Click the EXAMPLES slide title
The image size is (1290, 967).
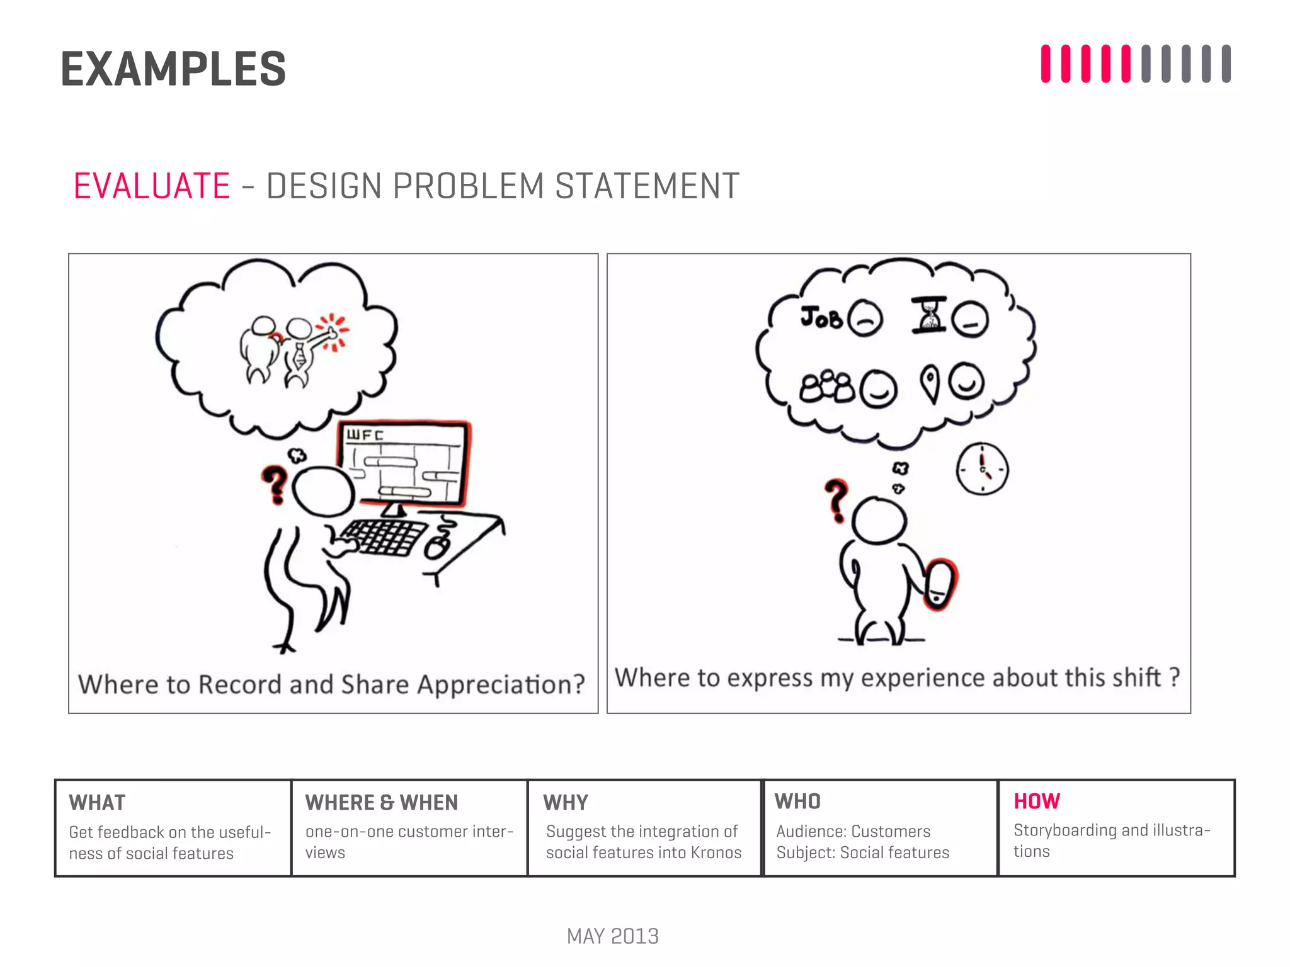point(173,69)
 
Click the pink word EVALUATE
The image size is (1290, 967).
point(152,186)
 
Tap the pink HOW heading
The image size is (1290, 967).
point(1036,801)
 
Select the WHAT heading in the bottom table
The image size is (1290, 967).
point(97,803)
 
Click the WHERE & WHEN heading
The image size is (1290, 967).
point(381,803)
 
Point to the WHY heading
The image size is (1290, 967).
point(565,803)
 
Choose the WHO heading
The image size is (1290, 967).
point(797,801)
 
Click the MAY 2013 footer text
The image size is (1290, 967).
point(612,936)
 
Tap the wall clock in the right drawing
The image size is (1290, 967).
point(982,470)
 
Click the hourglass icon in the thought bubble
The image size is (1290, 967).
point(929,315)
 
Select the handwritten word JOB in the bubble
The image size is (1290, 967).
point(821,317)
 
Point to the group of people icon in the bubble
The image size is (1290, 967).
point(827,387)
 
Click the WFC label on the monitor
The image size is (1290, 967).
point(365,435)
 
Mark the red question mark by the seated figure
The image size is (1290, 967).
point(275,483)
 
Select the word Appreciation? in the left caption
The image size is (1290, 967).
point(501,685)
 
